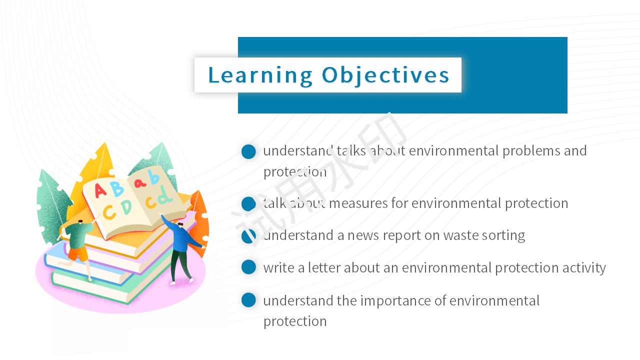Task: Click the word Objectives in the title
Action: (x=385, y=75)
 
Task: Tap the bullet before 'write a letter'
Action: (x=248, y=267)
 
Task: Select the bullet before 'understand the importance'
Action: (x=248, y=300)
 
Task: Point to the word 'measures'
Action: (x=358, y=203)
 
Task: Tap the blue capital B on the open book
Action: (x=117, y=188)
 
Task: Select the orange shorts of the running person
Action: (x=78, y=254)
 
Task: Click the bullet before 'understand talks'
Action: (x=248, y=151)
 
